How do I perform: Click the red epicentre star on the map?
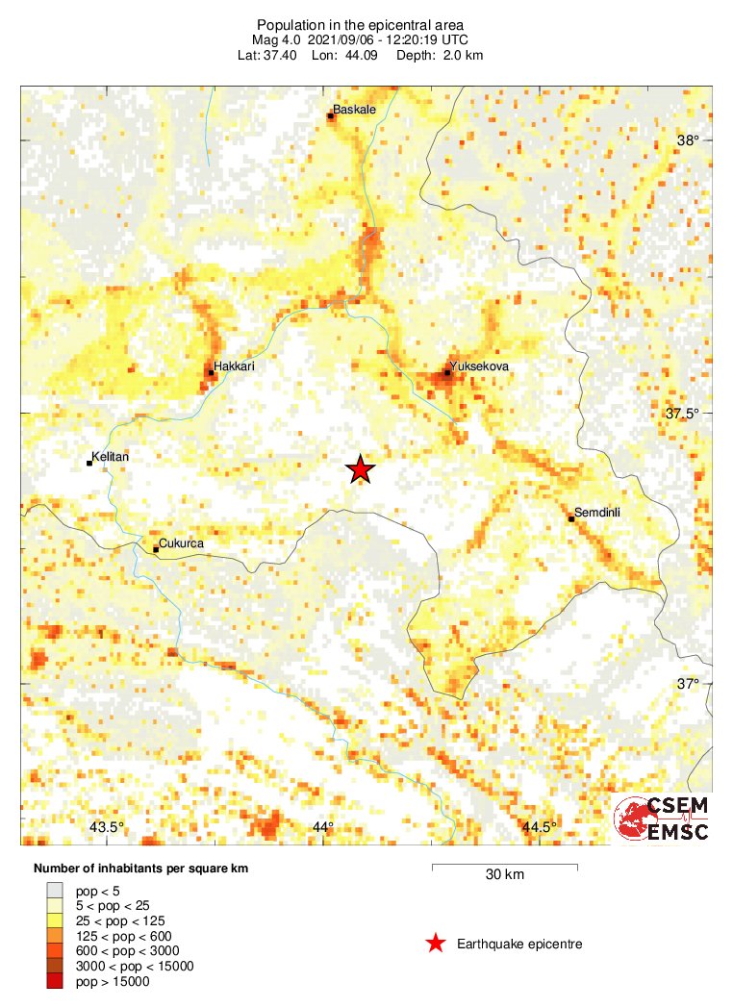360,469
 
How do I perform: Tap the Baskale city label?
353,110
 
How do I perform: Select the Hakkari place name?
235,366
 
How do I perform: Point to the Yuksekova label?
478,366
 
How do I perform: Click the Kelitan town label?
110,457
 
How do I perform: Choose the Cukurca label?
181,543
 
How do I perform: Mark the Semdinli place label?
597,513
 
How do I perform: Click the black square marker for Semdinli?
571,519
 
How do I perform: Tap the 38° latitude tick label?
688,140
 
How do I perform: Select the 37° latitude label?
688,685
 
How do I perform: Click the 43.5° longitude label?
106,828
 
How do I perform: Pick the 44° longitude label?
322,828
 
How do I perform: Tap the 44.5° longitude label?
539,828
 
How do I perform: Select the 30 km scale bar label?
504,875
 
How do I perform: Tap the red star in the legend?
436,944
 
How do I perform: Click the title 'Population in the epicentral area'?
360,23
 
